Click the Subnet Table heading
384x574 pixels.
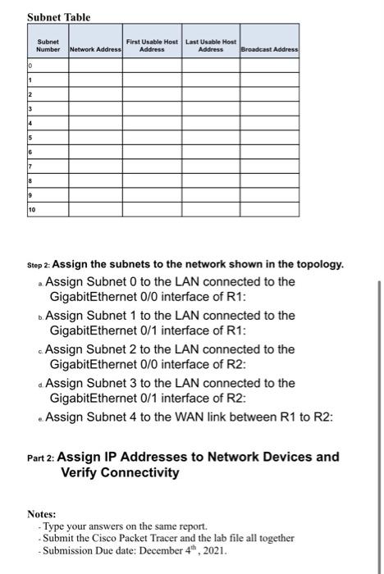(58, 17)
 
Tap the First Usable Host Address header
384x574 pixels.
(152, 46)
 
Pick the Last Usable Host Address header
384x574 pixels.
(210, 46)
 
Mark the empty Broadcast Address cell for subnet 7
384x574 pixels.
(269, 166)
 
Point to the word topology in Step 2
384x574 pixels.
(318, 265)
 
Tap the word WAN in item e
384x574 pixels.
(211, 417)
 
